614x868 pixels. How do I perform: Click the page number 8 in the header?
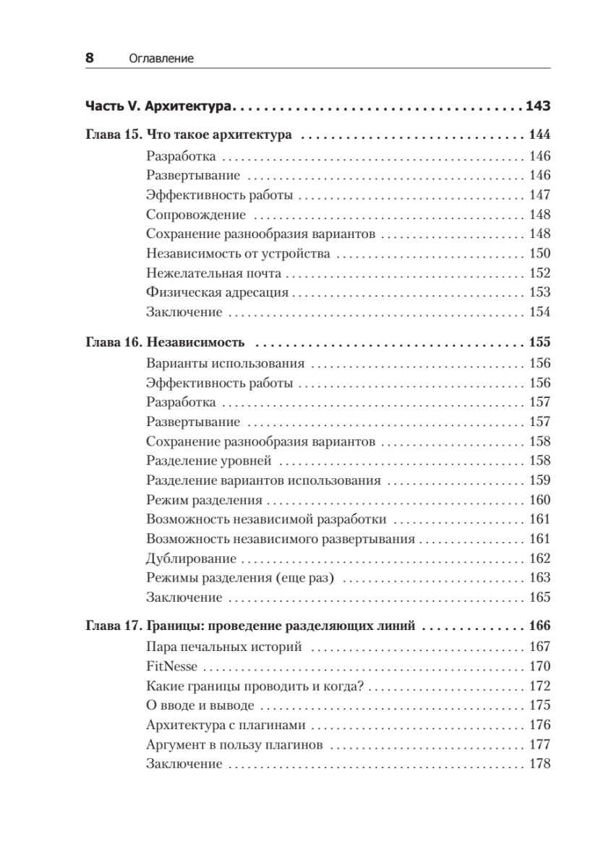point(90,59)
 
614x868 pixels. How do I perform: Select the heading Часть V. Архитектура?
point(160,106)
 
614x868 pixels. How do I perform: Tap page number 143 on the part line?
point(538,106)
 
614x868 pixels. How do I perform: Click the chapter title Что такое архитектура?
point(218,135)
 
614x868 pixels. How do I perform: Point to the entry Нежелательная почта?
point(213,273)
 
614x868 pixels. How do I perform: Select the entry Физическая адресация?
point(217,293)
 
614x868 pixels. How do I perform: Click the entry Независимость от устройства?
point(238,254)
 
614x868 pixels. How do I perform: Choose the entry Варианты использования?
point(225,364)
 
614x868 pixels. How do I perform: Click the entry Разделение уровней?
point(208,461)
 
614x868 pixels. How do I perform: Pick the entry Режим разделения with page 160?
point(204,500)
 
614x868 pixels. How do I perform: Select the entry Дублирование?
point(191,558)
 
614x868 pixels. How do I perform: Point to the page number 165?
point(540,597)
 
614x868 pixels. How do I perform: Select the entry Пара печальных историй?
point(223,647)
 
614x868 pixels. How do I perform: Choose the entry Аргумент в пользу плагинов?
point(234,745)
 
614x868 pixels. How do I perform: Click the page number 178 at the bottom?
point(540,765)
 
